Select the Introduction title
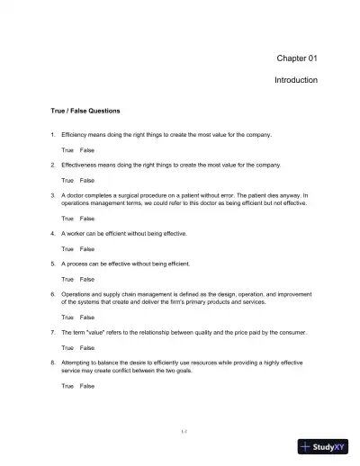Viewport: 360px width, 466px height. [295, 80]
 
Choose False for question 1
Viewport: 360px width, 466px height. [86, 149]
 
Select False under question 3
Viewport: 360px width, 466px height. [86, 219]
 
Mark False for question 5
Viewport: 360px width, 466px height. [86, 279]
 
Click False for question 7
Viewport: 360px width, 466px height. [86, 347]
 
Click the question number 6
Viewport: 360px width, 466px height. [52, 294]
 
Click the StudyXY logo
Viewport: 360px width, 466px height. [326, 445]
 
